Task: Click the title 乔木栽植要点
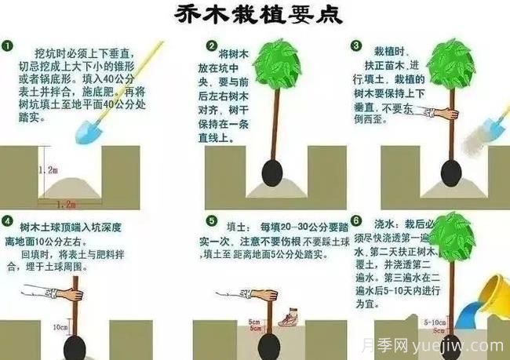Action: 255,16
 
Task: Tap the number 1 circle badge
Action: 8,46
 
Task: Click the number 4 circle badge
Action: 8,221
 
